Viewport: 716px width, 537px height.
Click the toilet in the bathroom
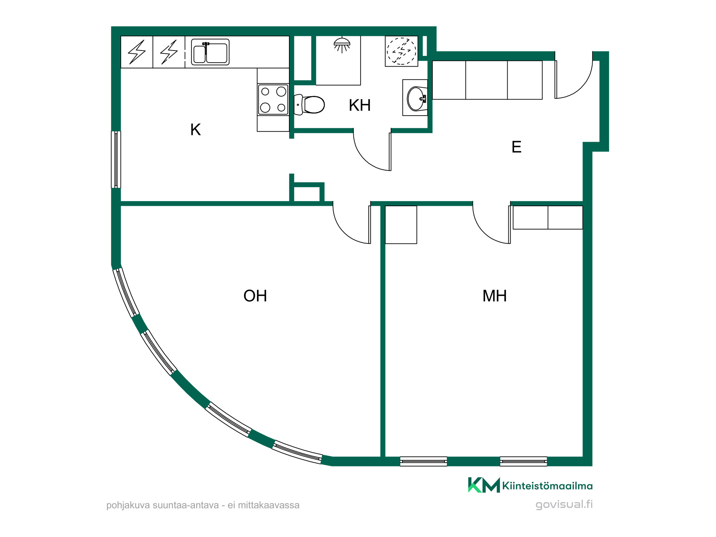click(309, 105)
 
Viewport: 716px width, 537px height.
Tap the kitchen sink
click(210, 52)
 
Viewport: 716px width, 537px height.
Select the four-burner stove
click(273, 100)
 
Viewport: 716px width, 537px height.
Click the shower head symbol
click(342, 45)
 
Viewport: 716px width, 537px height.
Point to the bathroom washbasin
click(417, 98)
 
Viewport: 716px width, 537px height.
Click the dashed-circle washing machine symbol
click(401, 51)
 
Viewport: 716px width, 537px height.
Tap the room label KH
click(359, 105)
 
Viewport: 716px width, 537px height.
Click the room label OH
click(255, 296)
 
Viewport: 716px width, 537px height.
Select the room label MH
click(494, 296)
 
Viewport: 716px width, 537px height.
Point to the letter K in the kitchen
click(195, 130)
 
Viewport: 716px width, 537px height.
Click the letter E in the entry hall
click(516, 147)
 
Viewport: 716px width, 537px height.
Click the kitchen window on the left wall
click(116, 159)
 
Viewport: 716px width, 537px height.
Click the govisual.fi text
click(564, 504)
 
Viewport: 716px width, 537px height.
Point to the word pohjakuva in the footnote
click(128, 505)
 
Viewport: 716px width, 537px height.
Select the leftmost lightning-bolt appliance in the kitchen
click(137, 52)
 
